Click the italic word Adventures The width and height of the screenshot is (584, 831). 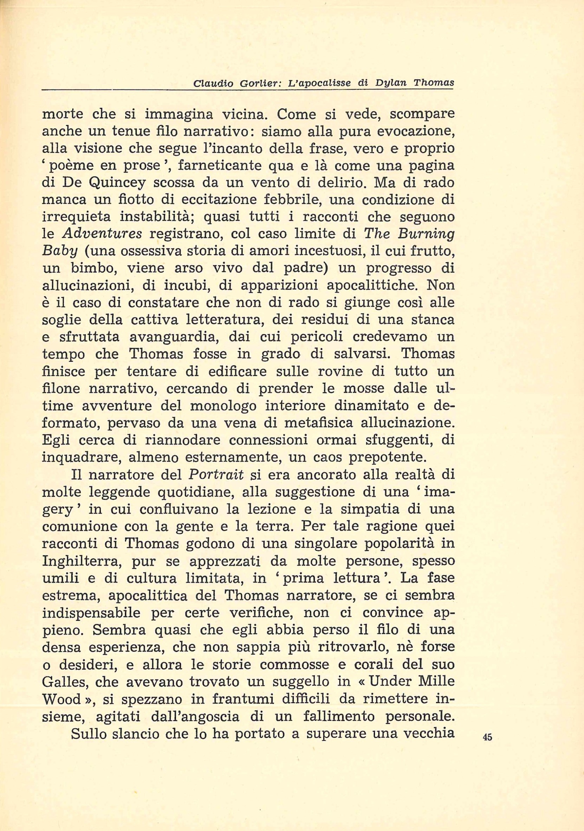pos(102,234)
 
